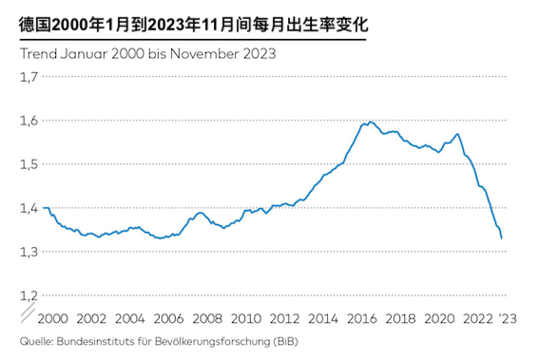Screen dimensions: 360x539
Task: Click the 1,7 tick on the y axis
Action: [29, 77]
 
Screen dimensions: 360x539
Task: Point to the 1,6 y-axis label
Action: [29, 121]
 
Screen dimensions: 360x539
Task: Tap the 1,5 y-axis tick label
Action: [29, 164]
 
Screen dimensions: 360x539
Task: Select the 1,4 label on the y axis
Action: [29, 208]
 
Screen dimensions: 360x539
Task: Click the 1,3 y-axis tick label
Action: [29, 252]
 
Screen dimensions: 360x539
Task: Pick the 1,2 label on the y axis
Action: [29, 295]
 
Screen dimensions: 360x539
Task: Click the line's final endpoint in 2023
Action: [503, 238]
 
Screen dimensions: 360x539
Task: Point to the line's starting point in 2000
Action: [45, 207]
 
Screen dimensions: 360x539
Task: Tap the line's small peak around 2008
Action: [202, 212]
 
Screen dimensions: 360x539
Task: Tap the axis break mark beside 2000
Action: [29, 312]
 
